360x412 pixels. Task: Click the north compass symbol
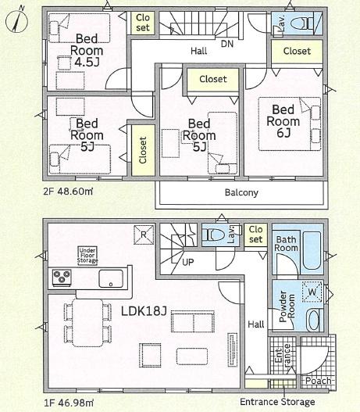(16, 20)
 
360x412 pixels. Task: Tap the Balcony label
(241, 192)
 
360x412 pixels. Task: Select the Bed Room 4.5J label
(87, 51)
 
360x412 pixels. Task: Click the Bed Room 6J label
(283, 121)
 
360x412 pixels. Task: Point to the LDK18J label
(144, 311)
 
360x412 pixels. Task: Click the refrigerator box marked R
(144, 235)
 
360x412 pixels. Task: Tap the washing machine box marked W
(312, 292)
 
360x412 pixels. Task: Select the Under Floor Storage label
(87, 256)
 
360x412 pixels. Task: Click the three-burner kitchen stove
(62, 278)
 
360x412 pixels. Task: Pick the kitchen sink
(111, 278)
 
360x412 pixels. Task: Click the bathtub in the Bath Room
(312, 250)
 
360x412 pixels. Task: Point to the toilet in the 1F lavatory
(216, 235)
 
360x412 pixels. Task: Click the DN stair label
(227, 44)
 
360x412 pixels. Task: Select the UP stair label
(188, 262)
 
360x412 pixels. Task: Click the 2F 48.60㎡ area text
(68, 192)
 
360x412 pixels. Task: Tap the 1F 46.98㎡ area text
(68, 402)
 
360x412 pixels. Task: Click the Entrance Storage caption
(277, 402)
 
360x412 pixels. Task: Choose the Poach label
(319, 381)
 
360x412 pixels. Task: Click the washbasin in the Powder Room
(313, 320)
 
